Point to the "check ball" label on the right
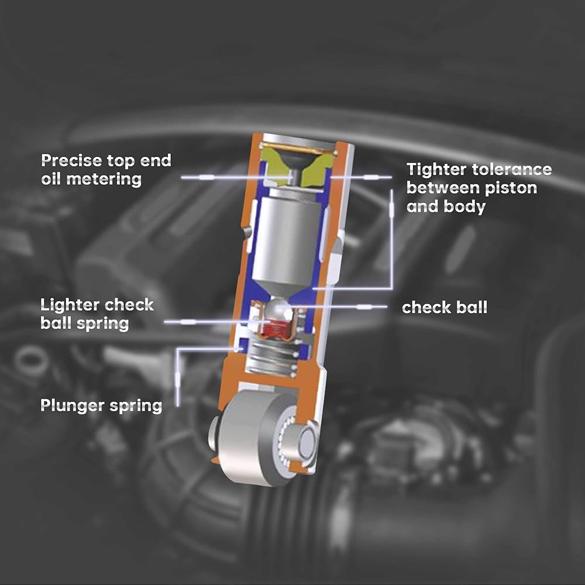pyautogui.click(x=444, y=308)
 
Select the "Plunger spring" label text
pyautogui.click(x=101, y=405)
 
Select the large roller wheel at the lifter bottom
pyautogui.click(x=252, y=436)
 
